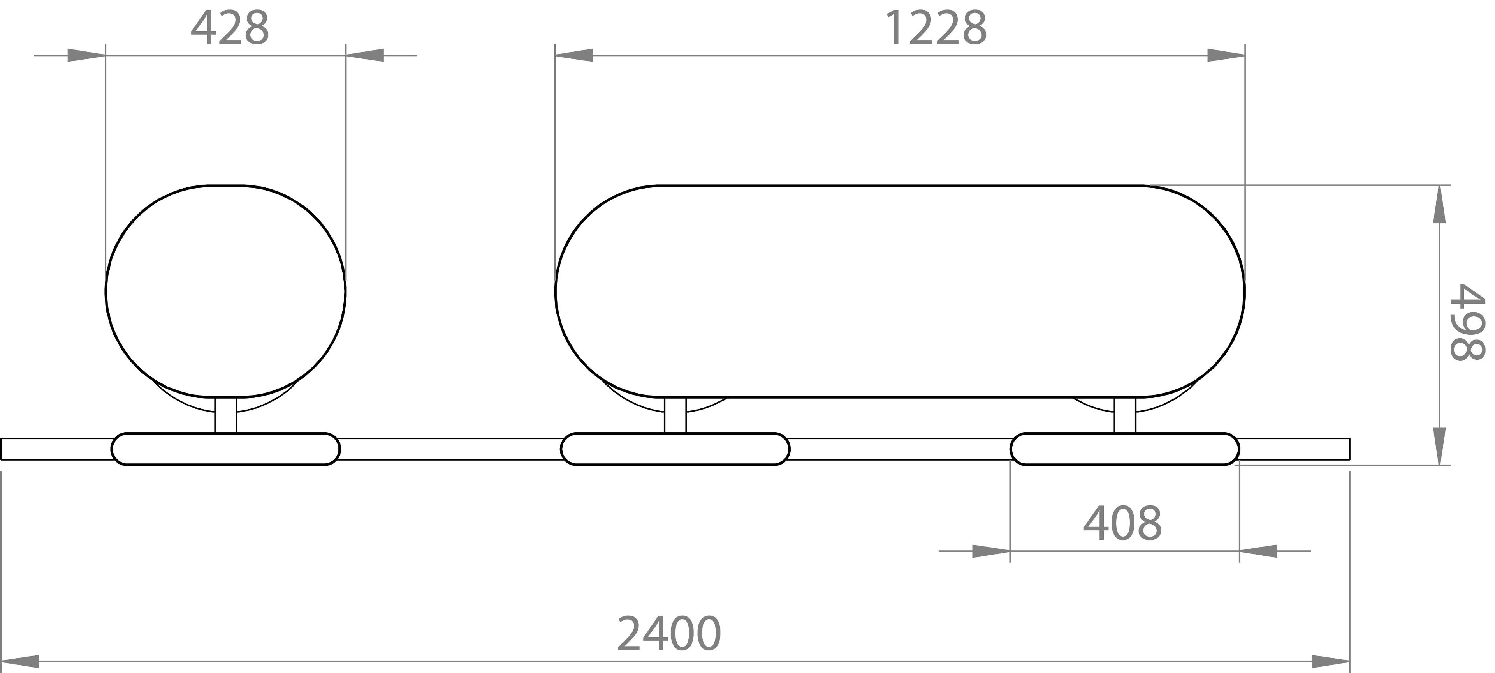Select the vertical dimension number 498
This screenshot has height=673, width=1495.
1467,322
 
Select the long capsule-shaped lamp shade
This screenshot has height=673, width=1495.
900,290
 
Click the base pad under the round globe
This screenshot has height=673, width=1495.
225,449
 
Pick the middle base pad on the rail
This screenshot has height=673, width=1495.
675,449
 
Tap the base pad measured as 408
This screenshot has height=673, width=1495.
1125,449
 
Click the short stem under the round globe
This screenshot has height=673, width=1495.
226,415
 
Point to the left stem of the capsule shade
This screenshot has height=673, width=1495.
675,415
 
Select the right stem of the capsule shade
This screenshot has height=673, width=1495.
1125,415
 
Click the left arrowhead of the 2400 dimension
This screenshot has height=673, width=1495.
20,661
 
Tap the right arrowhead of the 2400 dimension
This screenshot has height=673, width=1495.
1330,661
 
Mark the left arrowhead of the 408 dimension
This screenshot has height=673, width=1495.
991,551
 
